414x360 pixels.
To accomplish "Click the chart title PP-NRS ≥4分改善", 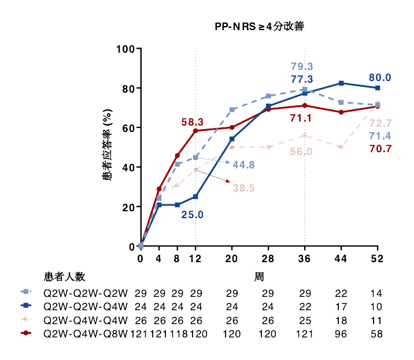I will pyautogui.click(x=260, y=27).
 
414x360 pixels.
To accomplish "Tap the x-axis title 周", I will pyautogui.click(x=260, y=277).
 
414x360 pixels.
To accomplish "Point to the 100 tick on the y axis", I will pyautogui.click(x=125, y=49).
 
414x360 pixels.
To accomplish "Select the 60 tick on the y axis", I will pyautogui.click(x=128, y=128).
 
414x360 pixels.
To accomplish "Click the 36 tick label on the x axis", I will pyautogui.click(x=305, y=259).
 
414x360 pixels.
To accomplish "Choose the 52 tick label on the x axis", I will pyautogui.click(x=378, y=259).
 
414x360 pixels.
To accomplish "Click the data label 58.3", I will pyautogui.click(x=193, y=122).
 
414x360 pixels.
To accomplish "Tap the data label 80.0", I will pyautogui.click(x=380, y=78).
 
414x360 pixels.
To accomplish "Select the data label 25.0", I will pyautogui.click(x=193, y=215).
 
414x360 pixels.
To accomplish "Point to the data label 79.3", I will pyautogui.click(x=302, y=67).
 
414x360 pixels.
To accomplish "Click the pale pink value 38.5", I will pyautogui.click(x=244, y=188).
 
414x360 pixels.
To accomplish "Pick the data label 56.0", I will pyautogui.click(x=302, y=152).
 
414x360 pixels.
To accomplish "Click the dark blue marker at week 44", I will pyautogui.click(x=341, y=83).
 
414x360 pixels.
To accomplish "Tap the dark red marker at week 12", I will pyautogui.click(x=195, y=131).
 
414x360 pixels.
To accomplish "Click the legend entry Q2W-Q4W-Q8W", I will pyautogui.click(x=86, y=334).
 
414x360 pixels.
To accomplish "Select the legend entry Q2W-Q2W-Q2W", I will pyautogui.click(x=86, y=293).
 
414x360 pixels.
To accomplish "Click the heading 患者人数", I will pyautogui.click(x=65, y=277).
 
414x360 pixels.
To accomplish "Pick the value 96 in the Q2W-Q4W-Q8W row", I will pyautogui.click(x=341, y=334).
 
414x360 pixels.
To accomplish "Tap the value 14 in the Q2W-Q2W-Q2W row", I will pyautogui.click(x=377, y=293).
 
